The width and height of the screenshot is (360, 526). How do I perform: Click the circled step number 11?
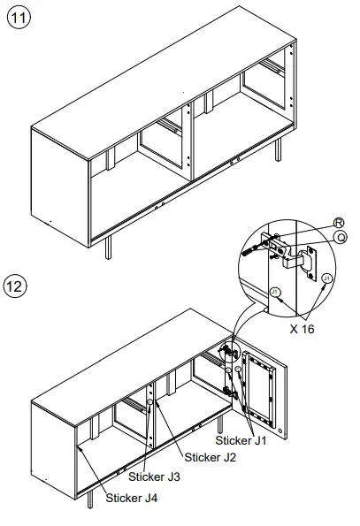[x=17, y=19]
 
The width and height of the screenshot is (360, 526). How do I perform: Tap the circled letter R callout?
[x=338, y=223]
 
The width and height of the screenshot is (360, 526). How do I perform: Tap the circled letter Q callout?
[x=338, y=236]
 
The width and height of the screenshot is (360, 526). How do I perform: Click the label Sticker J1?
[x=241, y=438]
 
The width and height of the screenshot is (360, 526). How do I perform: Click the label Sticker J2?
[x=211, y=457]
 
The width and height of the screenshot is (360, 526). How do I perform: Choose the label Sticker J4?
[x=132, y=498]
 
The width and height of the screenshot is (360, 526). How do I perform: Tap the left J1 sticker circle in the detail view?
[x=275, y=291]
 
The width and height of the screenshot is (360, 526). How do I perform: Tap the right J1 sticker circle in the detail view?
[x=327, y=278]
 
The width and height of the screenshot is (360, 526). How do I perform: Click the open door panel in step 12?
[x=264, y=389]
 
